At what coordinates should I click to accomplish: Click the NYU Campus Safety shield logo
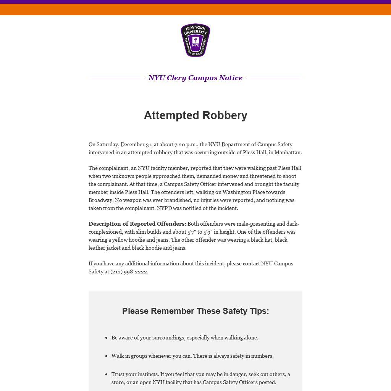pos(195,40)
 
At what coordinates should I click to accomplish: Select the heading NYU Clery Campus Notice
pos(195,78)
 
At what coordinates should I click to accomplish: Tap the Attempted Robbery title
pos(195,115)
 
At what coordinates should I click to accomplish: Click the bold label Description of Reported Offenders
pos(137,224)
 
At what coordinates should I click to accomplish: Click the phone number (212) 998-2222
pos(129,272)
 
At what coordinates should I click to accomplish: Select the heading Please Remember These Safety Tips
pos(195,311)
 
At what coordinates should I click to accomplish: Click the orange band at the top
pos(195,10)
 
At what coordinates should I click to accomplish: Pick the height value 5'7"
pos(191,232)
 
